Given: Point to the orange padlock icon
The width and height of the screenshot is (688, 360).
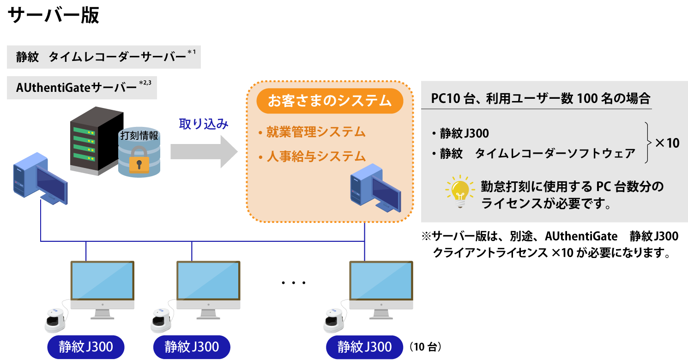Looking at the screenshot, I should (x=139, y=160).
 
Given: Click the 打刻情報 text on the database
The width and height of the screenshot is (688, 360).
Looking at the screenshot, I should (x=139, y=136).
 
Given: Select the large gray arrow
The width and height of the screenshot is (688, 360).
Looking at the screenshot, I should (x=204, y=151).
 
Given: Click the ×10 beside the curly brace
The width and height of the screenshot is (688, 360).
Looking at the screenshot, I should (x=667, y=143).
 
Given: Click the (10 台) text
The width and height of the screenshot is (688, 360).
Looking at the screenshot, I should (x=424, y=347).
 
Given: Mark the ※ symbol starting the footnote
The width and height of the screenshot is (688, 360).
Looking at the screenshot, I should (x=426, y=237).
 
